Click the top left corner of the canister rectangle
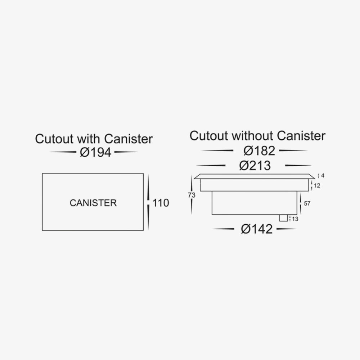tap(42, 174)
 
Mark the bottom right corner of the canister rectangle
tap(143, 230)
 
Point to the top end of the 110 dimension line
tap(148, 175)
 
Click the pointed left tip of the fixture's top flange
tap(194, 178)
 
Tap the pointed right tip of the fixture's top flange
tap(315, 178)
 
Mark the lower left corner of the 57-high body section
tap(212, 215)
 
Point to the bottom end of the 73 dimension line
tap(192, 214)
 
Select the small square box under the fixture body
tap(283, 218)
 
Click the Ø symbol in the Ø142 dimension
tap(246, 229)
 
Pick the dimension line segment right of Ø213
tap(298, 165)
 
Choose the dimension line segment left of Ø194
tap(63, 152)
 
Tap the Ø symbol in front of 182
tap(248, 151)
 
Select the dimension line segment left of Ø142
tap(224, 229)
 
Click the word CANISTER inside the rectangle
tap(93, 203)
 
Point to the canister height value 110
tap(161, 203)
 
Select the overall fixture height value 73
tap(192, 195)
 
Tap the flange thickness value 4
tap(323, 176)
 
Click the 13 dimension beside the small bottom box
tap(295, 219)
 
